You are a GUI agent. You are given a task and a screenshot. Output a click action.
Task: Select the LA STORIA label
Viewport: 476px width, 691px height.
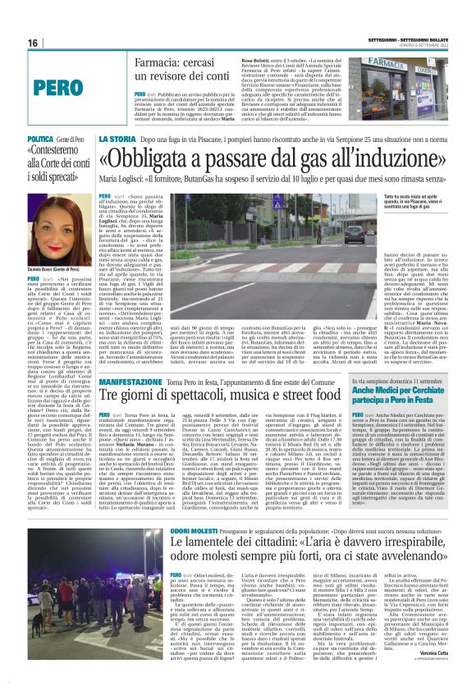point(117,140)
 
